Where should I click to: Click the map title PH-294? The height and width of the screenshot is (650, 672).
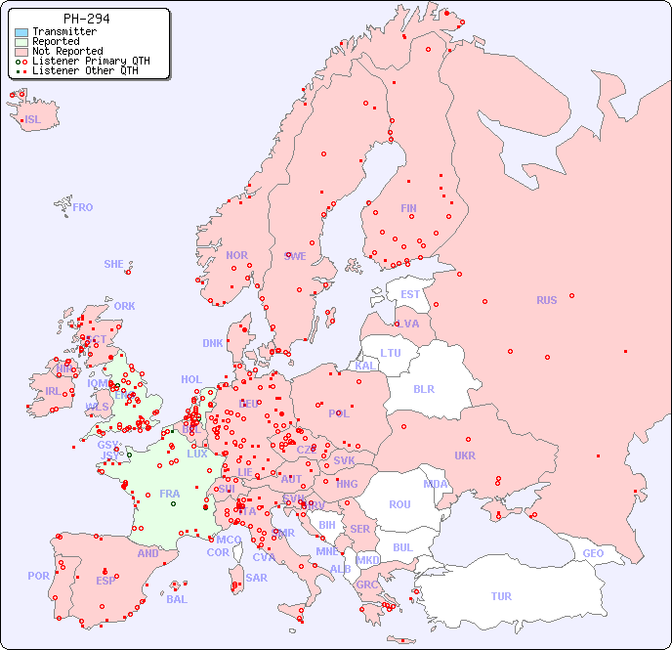coord(86,19)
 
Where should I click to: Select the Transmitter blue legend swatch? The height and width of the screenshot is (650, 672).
coord(21,32)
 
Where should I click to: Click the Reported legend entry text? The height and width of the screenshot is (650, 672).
coord(56,42)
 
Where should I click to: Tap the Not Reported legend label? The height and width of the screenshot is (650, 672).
coord(67,52)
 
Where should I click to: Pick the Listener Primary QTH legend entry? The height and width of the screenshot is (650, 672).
coord(91,62)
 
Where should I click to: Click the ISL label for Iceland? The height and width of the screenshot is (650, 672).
coord(33,120)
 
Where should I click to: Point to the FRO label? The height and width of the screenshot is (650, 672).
coord(83,207)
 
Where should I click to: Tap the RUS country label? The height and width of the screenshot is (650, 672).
coord(546,300)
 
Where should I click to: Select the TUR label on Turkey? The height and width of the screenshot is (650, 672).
coord(501,596)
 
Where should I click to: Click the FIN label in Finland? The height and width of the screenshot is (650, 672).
coord(408,208)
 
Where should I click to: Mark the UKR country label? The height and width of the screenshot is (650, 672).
coord(465,455)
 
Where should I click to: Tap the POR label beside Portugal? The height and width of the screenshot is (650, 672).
coord(38,576)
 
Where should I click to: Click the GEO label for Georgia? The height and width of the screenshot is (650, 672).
coord(593,553)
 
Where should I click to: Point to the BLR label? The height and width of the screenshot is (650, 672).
coord(423,388)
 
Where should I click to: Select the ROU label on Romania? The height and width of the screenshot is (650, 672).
coord(399,504)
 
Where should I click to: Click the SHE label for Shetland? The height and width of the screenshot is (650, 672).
coord(114,264)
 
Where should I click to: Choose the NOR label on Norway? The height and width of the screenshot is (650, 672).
coord(236,255)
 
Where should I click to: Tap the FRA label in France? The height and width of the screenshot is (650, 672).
coord(169,494)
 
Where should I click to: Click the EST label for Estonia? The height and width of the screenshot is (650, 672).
coord(410,294)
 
